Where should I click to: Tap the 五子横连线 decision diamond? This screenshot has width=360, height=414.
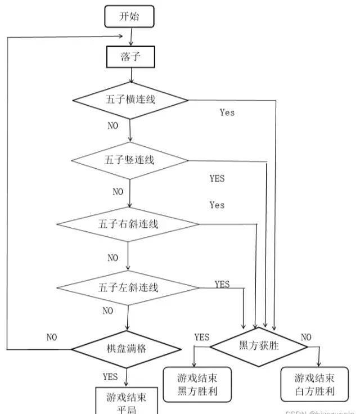point(130,100)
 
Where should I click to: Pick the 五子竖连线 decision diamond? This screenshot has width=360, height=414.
point(130,160)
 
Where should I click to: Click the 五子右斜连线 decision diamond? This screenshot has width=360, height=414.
point(128,224)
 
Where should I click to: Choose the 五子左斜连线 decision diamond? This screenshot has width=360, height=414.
point(128,288)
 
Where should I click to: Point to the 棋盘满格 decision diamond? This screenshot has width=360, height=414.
point(127,348)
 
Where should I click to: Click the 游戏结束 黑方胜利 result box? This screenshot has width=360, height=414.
point(197,385)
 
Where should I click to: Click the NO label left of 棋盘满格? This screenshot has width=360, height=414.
point(52,337)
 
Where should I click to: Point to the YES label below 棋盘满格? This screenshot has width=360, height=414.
point(110,376)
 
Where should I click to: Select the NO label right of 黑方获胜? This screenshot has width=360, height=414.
point(306,337)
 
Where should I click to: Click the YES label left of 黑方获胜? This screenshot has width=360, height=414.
point(201,337)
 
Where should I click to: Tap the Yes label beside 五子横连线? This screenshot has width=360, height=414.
point(227,112)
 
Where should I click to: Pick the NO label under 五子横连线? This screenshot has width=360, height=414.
point(113,126)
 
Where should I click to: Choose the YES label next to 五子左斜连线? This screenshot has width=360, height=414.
point(222,284)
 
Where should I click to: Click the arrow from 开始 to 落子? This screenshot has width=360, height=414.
point(130,36)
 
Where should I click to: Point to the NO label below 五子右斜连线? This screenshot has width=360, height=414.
point(113,258)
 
